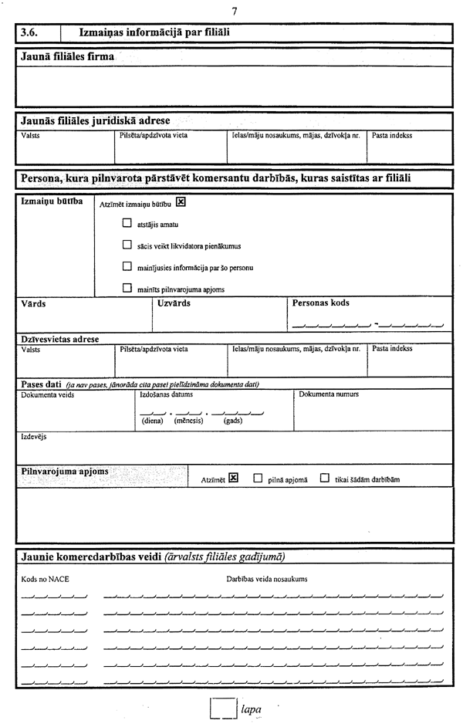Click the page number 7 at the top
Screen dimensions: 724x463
point(234,10)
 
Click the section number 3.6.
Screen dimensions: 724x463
point(30,32)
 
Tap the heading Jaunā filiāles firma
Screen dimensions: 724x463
point(66,57)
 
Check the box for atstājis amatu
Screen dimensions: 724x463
point(127,225)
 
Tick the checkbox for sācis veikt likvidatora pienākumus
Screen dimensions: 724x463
point(127,246)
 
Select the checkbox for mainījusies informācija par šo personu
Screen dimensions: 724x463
point(127,267)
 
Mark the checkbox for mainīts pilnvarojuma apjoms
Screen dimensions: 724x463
point(127,289)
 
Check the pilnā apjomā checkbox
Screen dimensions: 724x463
point(258,478)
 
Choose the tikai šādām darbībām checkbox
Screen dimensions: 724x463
point(325,478)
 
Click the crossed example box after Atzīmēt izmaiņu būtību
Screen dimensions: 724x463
point(181,202)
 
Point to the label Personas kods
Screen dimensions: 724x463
point(321,303)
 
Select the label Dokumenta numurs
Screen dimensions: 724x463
point(329,394)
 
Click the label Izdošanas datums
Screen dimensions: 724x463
point(165,394)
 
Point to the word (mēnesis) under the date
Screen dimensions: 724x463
point(189,422)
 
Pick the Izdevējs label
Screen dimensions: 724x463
point(33,437)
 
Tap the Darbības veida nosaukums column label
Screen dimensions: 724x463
point(267,578)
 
